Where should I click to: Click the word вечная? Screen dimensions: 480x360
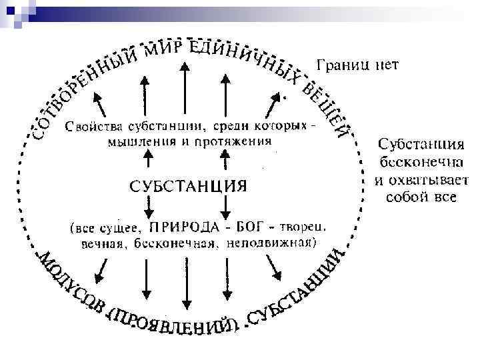coord(97,243)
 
